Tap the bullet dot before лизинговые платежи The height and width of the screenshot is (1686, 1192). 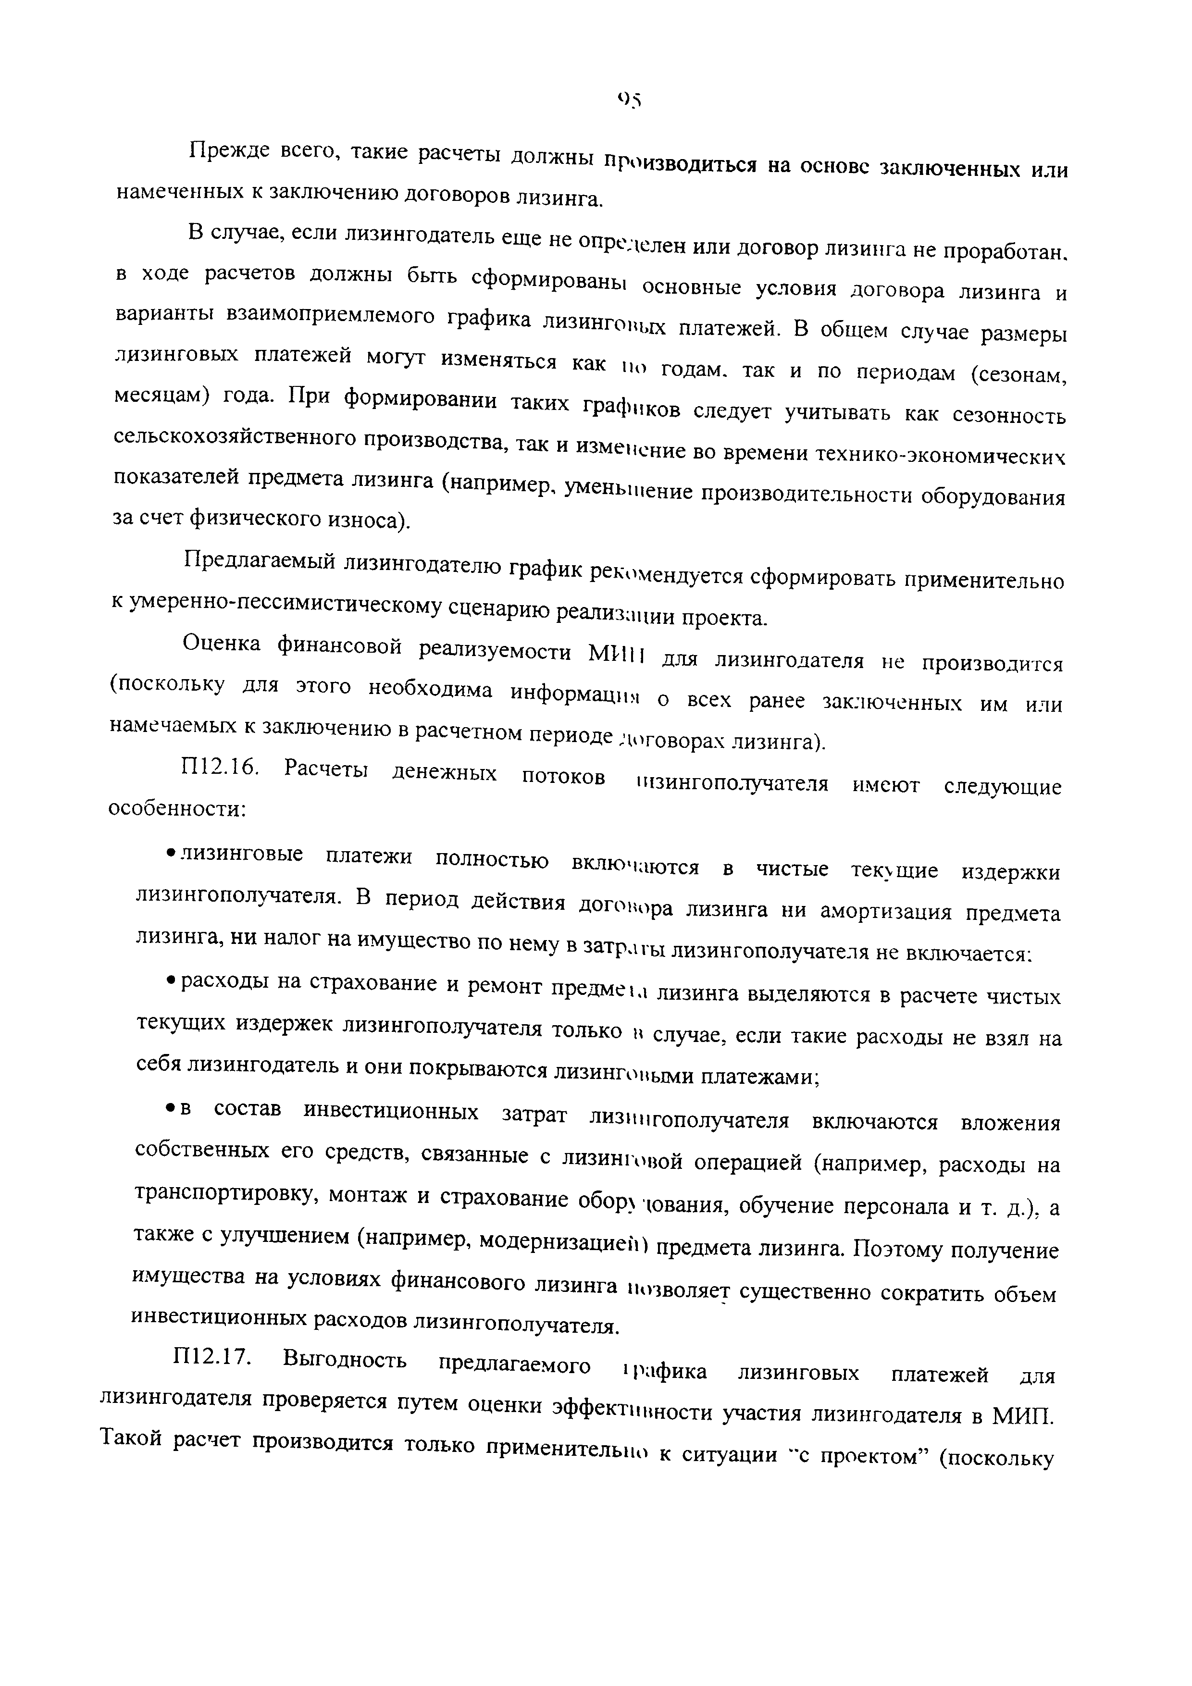(170, 853)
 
